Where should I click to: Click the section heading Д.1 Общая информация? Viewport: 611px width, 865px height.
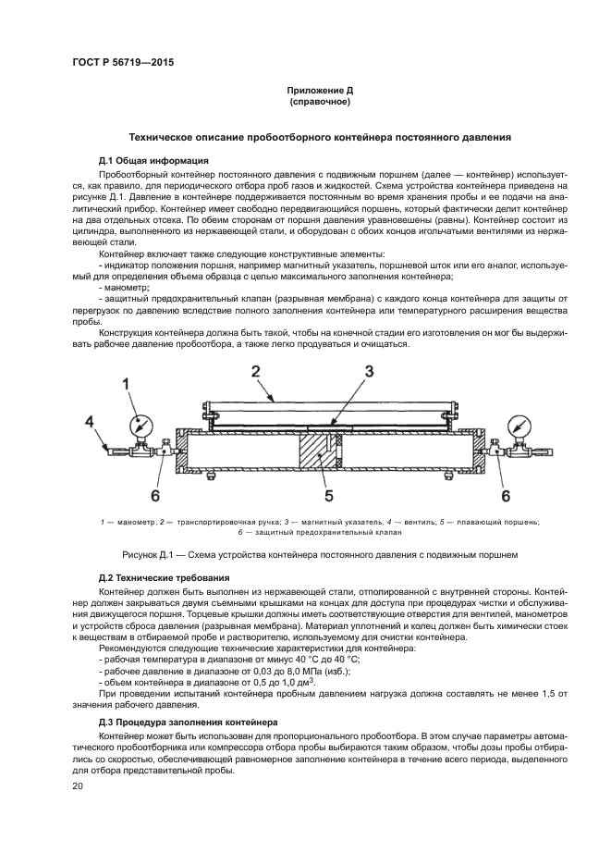(x=153, y=161)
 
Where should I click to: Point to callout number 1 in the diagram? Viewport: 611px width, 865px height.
(x=128, y=383)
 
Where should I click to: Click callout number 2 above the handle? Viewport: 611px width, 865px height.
(x=253, y=371)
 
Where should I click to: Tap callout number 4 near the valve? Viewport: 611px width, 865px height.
(x=90, y=424)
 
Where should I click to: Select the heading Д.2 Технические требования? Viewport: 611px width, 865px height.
(x=164, y=577)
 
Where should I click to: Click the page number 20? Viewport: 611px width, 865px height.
(x=79, y=786)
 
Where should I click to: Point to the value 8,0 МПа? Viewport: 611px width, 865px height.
(x=250, y=671)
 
